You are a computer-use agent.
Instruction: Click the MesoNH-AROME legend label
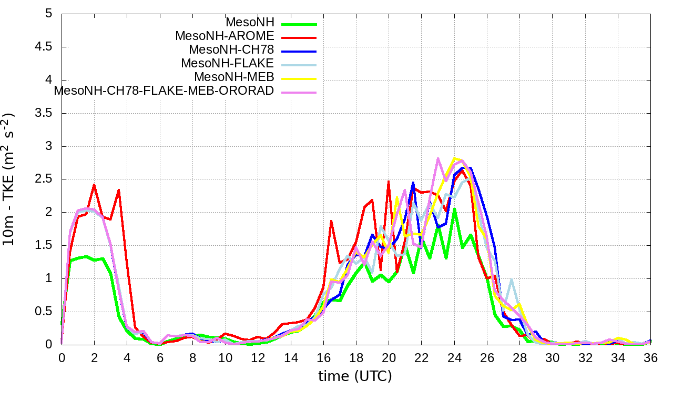click(x=225, y=36)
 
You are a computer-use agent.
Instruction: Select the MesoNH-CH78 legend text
click(x=231, y=50)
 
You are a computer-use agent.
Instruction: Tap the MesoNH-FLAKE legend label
click(x=228, y=64)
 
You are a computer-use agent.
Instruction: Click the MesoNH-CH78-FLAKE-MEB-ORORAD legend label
click(x=164, y=91)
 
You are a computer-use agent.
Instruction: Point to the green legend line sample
click(x=299, y=24)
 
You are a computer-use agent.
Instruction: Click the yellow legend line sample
click(x=299, y=78)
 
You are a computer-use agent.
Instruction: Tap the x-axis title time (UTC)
click(x=355, y=376)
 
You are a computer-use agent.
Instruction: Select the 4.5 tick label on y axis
click(x=43, y=47)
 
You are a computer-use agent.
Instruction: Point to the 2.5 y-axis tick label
click(x=43, y=179)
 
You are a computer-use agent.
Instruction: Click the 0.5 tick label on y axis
click(x=43, y=311)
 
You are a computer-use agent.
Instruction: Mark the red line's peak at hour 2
click(x=94, y=185)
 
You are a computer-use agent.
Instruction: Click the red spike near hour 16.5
click(x=331, y=221)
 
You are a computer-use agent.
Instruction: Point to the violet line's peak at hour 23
click(x=437, y=158)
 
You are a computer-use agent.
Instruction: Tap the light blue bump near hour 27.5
click(x=511, y=280)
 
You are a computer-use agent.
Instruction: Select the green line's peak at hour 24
click(x=454, y=209)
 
